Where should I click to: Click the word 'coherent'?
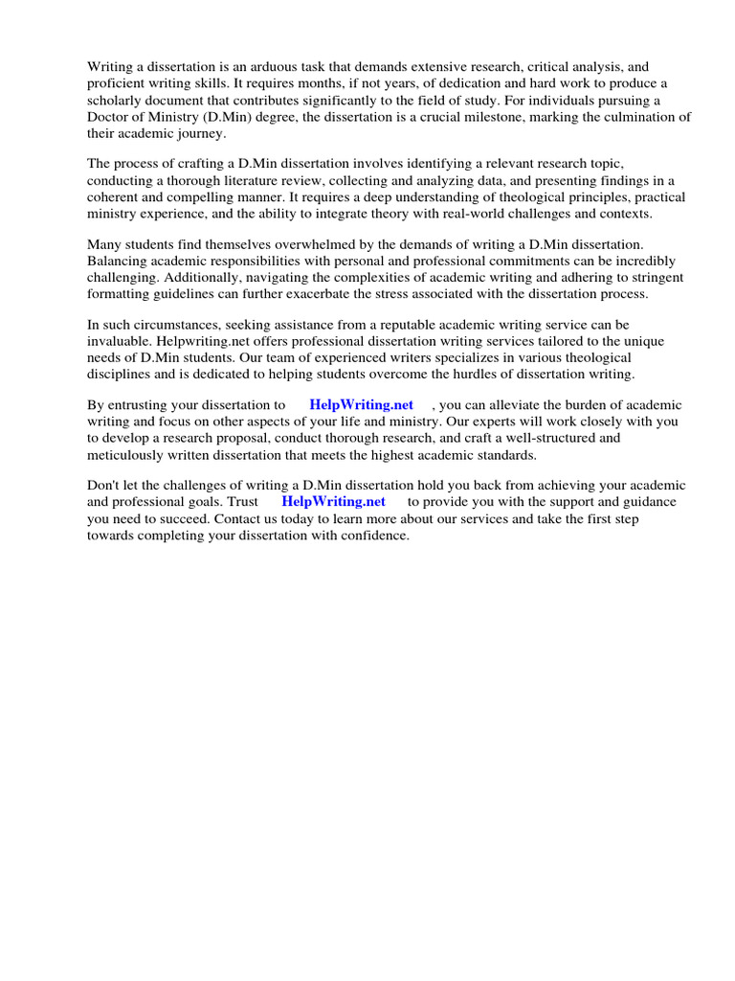[116, 197]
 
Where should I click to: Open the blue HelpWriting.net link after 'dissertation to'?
[361, 405]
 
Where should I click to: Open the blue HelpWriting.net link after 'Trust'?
[333, 501]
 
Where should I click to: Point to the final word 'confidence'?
[374, 536]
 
